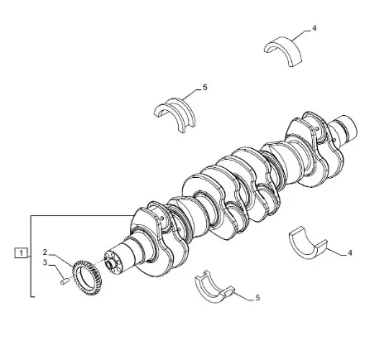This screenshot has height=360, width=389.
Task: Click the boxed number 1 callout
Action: click(x=22, y=252)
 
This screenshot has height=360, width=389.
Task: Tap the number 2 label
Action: click(x=46, y=252)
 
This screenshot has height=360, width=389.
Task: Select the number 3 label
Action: click(x=46, y=262)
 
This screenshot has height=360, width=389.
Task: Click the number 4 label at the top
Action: click(x=315, y=28)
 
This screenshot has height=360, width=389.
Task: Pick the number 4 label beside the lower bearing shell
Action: click(x=350, y=252)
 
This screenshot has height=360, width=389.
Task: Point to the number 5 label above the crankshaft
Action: click(x=204, y=88)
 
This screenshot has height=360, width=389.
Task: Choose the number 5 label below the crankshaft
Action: click(x=257, y=298)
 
